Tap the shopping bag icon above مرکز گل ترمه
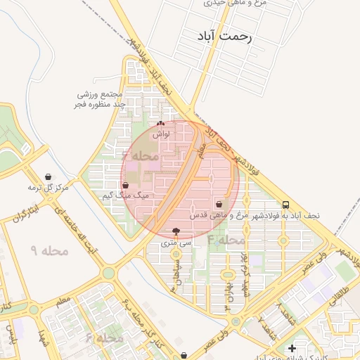(x=47, y=176)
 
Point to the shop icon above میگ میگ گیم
(x=125, y=185)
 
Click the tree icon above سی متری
(x=175, y=231)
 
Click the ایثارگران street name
(x=29, y=212)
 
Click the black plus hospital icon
(x=292, y=348)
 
